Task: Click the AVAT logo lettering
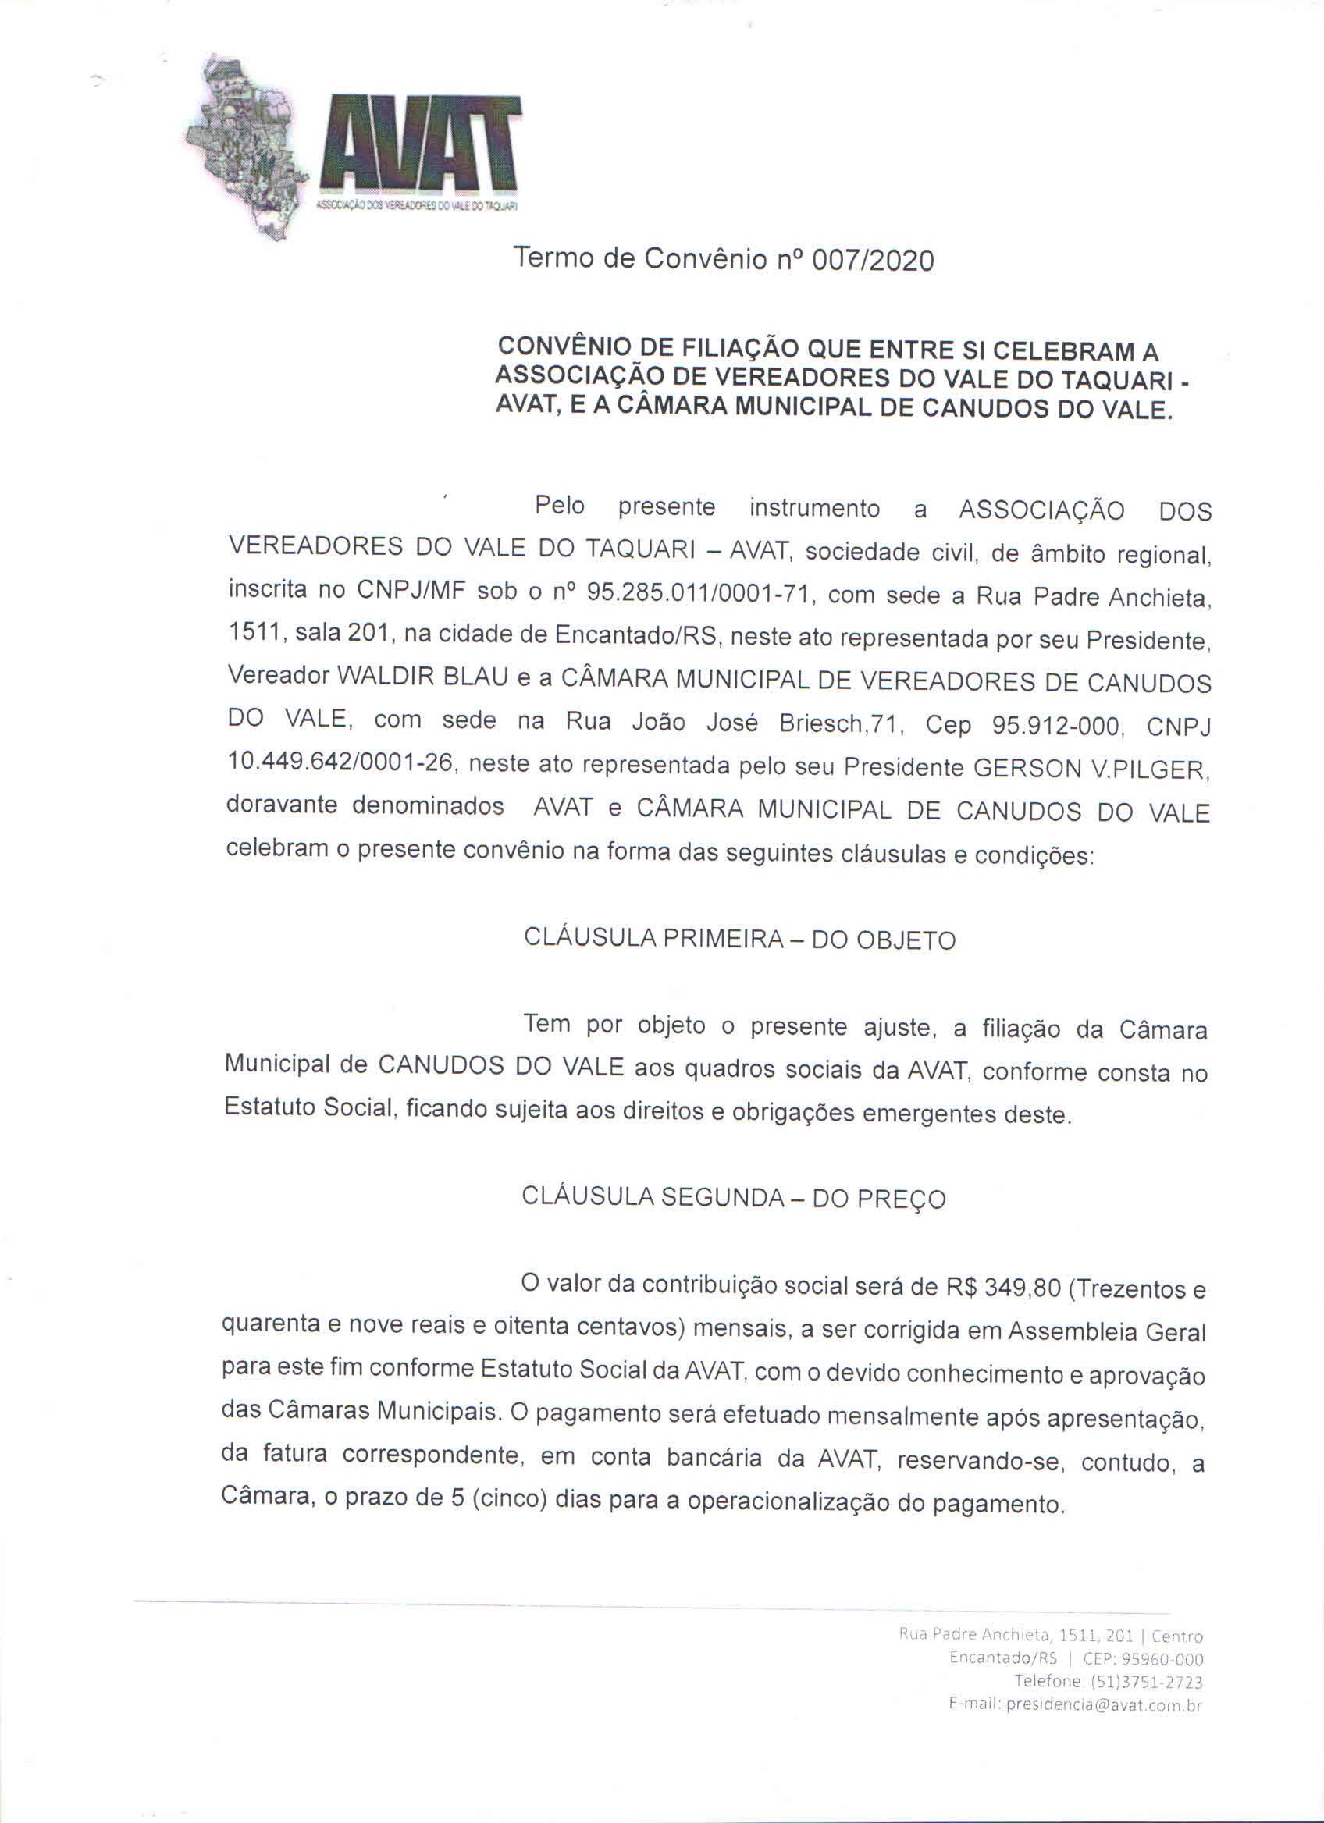420,144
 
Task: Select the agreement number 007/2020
873,261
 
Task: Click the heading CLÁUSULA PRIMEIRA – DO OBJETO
739,939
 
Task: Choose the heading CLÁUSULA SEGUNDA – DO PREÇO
733,1198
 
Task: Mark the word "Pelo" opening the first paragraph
560,506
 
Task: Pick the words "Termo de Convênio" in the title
640,258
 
